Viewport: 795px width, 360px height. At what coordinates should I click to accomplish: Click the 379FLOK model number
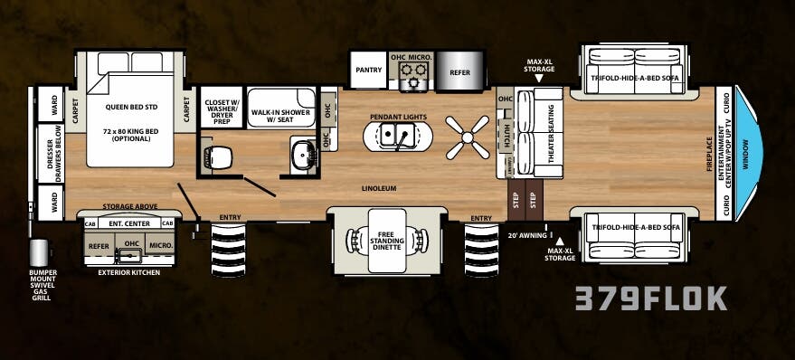[x=651, y=298]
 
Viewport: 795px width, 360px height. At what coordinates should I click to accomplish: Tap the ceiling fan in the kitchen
[x=468, y=137]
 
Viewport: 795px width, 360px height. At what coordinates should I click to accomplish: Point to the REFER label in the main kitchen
[x=459, y=72]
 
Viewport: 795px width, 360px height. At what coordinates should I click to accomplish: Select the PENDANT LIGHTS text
[x=397, y=118]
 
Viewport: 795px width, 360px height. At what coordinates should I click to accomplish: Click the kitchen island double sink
[x=397, y=137]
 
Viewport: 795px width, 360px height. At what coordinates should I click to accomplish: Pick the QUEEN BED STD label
[x=131, y=107]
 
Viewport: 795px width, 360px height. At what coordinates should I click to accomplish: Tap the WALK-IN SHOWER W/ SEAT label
[x=280, y=118]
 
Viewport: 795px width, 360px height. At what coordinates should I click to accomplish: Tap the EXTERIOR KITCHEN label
[x=128, y=271]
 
